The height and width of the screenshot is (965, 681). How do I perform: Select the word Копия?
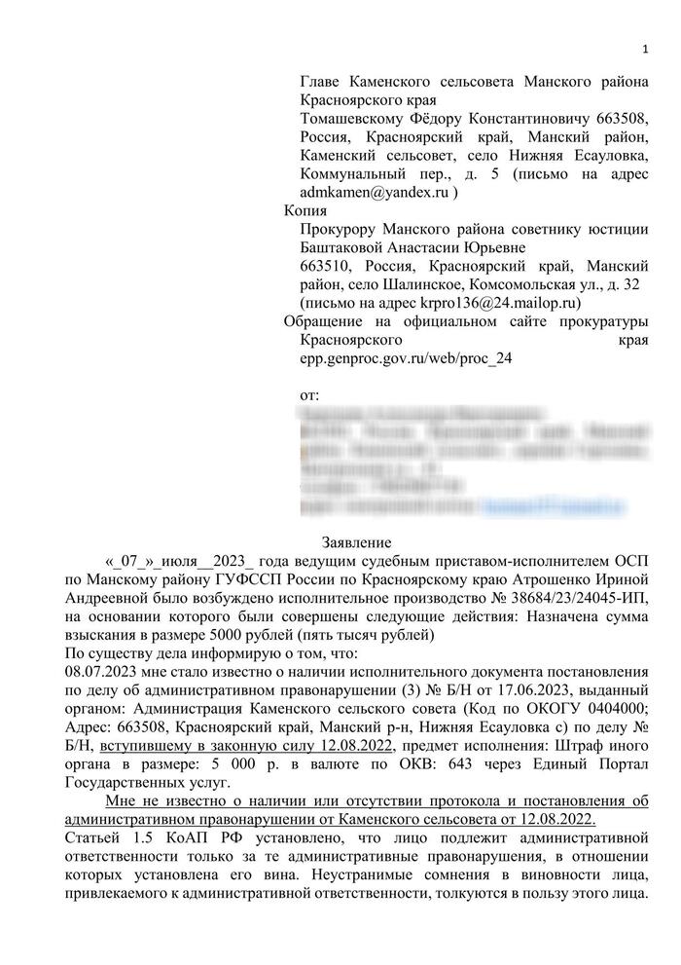point(305,210)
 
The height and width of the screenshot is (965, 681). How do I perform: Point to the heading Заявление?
point(356,541)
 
